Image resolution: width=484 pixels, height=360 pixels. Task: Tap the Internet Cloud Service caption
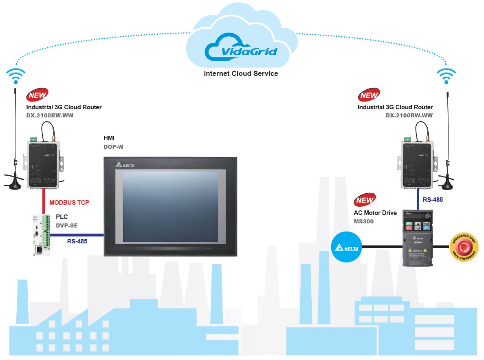(241, 74)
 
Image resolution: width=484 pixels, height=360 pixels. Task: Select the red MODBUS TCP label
(69, 202)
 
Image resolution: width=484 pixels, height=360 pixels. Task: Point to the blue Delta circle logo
(347, 247)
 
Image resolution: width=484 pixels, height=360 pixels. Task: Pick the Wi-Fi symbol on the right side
(446, 76)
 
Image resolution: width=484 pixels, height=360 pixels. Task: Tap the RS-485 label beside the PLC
(77, 241)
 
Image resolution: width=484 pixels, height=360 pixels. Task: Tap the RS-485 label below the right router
(433, 200)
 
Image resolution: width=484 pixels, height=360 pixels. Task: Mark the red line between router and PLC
(43, 202)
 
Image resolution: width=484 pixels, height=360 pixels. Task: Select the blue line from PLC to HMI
(77, 235)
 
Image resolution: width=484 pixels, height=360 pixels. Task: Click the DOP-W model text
(114, 147)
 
